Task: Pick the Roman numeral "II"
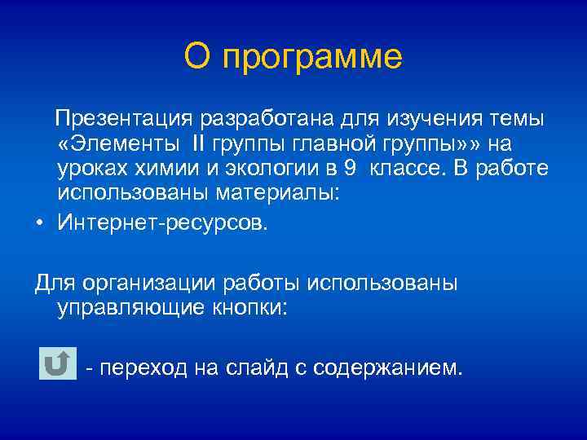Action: point(200,144)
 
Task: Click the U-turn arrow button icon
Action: point(56,363)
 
